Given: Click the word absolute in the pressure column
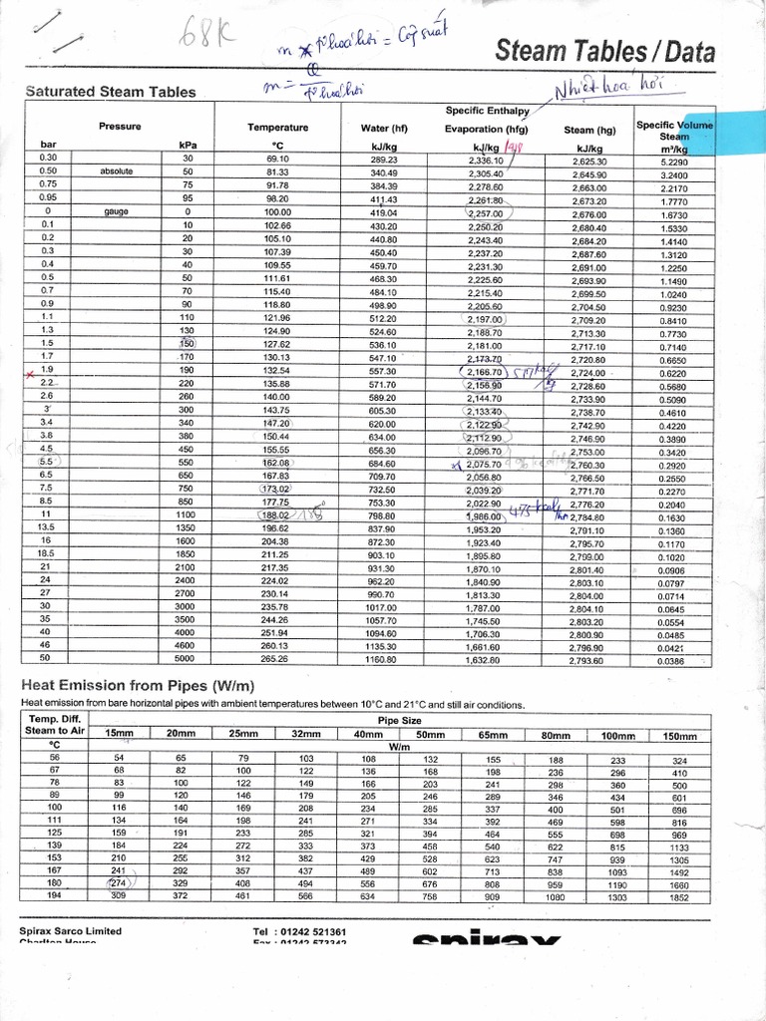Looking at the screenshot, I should tap(117, 171).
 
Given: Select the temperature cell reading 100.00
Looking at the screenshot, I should tap(276, 212).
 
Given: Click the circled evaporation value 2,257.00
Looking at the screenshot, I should tap(487, 212).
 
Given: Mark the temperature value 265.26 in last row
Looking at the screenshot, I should tap(276, 658).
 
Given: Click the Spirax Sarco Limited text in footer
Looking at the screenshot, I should tap(70, 931).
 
